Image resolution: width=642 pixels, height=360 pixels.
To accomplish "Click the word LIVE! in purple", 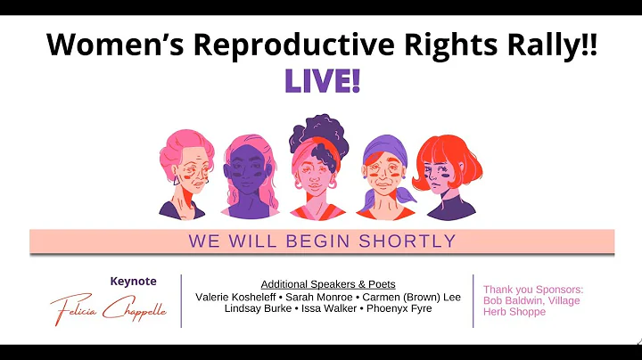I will [x=322, y=82].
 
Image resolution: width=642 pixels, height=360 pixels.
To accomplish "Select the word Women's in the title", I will [x=110, y=46].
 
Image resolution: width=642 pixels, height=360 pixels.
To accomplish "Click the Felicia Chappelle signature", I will [x=108, y=308].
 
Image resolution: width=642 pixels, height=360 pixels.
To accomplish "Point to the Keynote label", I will [x=133, y=282].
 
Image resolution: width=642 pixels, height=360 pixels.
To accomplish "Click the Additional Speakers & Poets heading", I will [x=328, y=284].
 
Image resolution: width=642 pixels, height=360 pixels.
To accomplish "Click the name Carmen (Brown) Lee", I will [x=417, y=297].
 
